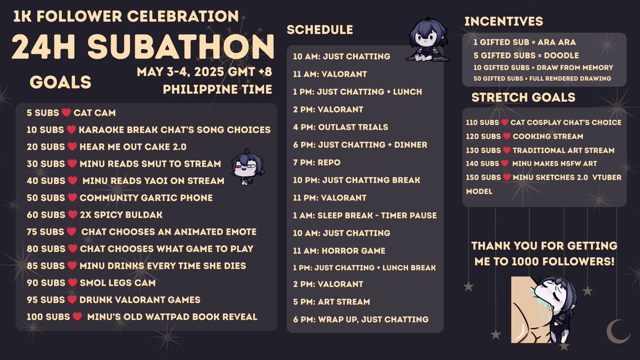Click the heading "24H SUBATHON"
tap(143, 47)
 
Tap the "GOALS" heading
tap(60, 82)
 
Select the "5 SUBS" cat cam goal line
tap(70, 113)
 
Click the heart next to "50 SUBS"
tap(71, 198)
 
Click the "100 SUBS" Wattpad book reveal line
tap(141, 317)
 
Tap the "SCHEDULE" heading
tap(320, 30)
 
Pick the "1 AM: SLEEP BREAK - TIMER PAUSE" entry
tap(365, 215)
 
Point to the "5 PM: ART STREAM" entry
tap(331, 301)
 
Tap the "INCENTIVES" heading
tap(503, 21)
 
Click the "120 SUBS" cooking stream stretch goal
tap(524, 136)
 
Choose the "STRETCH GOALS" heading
tap(523, 98)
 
